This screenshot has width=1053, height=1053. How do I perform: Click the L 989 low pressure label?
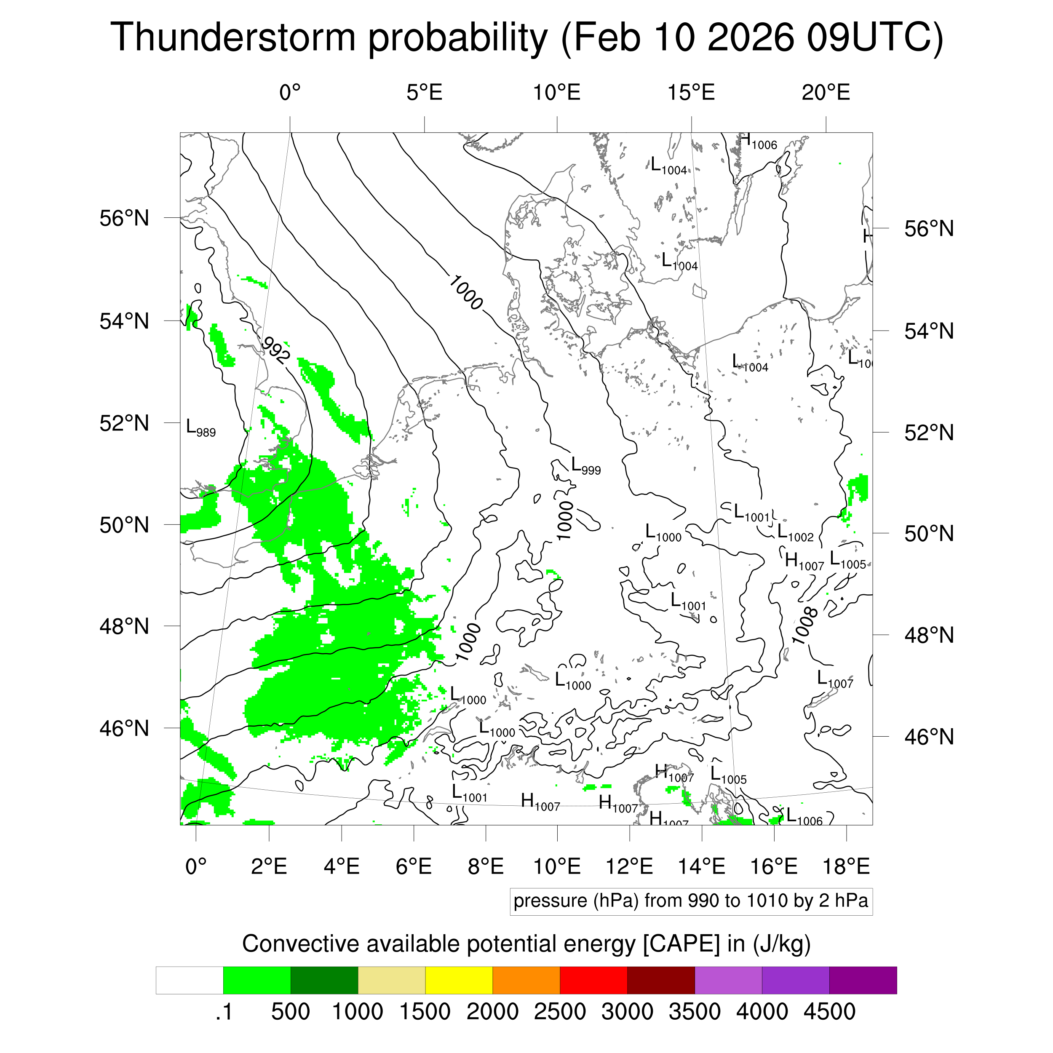(x=200, y=428)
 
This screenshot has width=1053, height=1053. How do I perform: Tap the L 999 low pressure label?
(x=585, y=466)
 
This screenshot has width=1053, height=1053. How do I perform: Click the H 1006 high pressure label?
(x=758, y=142)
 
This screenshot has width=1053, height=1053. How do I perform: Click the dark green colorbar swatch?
(x=324, y=980)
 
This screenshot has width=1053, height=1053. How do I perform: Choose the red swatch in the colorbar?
(x=593, y=980)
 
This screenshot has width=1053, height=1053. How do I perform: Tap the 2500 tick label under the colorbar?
(x=560, y=1012)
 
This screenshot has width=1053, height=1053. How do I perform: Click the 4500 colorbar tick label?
(x=829, y=1012)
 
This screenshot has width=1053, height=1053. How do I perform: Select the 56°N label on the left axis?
(x=124, y=218)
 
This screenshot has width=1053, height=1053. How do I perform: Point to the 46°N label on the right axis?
(x=929, y=737)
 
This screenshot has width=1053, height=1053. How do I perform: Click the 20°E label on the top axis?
(x=826, y=93)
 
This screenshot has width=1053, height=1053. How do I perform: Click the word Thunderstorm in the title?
(x=233, y=37)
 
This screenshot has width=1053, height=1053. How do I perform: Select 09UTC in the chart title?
(x=874, y=37)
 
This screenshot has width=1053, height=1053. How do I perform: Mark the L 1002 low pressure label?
(x=795, y=533)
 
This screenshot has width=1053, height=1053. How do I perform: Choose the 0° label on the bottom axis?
(x=196, y=866)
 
